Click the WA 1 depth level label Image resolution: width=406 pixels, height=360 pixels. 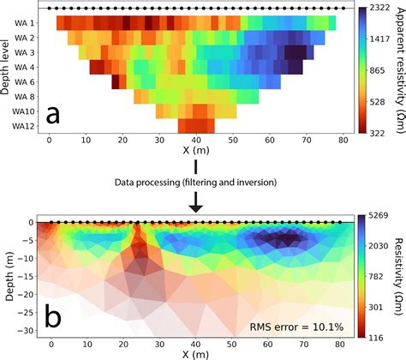pos(24,23)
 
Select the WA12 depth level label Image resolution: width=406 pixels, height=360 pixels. pos(24,126)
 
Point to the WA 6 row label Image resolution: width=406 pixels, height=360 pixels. pos(24,81)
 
